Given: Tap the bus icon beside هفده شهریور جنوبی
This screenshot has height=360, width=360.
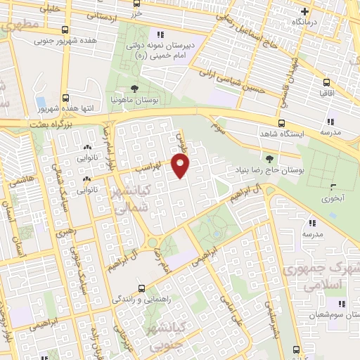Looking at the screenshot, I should (x=65, y=30).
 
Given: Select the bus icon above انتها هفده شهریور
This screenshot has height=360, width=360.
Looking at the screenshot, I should (x=65, y=98).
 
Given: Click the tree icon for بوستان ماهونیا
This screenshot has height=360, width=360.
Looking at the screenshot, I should (x=134, y=89).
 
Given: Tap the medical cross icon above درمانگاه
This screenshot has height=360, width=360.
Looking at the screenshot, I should (x=304, y=11).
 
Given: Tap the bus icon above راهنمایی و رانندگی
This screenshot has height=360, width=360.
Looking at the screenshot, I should (x=142, y=288).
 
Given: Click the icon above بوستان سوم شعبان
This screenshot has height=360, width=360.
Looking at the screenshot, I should (x=341, y=304).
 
